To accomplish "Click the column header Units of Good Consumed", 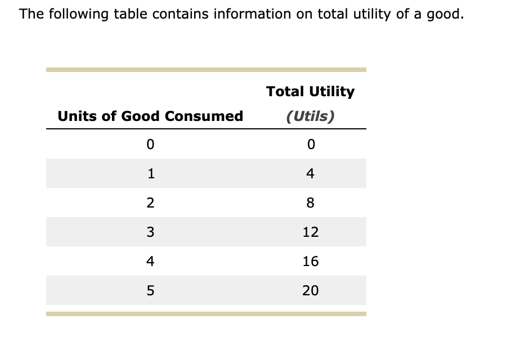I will click(x=150, y=116).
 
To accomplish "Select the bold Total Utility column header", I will click(x=310, y=91).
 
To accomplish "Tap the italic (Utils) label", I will click(x=310, y=116).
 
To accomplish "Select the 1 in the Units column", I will click(x=150, y=173).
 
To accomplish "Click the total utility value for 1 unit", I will click(x=310, y=173).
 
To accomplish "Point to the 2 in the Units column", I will click(x=150, y=202).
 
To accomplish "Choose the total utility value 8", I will click(x=310, y=202).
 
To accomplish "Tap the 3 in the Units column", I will click(x=150, y=232).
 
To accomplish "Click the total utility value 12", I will click(x=310, y=232).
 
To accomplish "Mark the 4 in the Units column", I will click(x=150, y=261).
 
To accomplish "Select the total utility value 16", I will click(x=310, y=261).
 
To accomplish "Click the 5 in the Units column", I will click(x=150, y=290).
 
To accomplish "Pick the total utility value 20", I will click(x=310, y=290).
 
